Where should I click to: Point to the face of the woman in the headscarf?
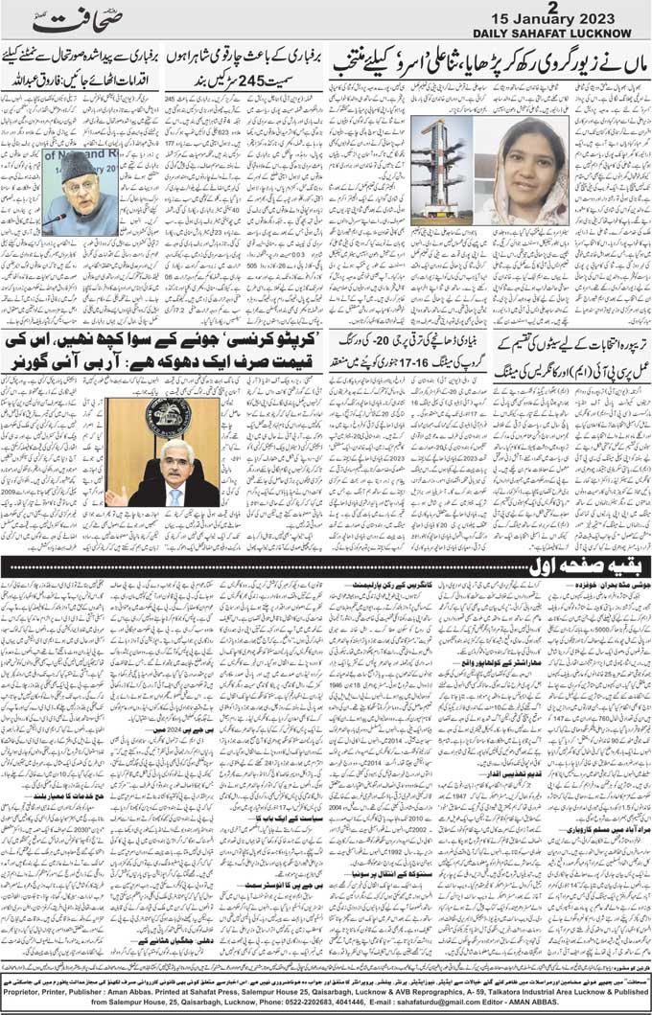point(529,169)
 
